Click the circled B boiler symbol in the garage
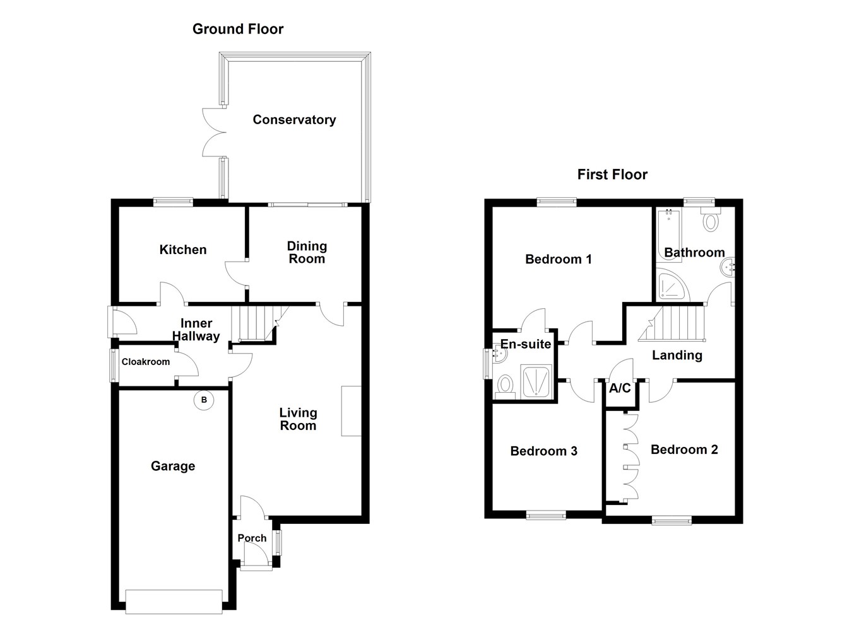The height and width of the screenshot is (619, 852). click(203, 400)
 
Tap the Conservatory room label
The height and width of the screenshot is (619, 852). click(294, 120)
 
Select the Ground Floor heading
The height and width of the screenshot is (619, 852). click(238, 29)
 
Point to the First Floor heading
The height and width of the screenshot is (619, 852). click(612, 175)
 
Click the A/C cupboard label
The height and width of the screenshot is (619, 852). click(620, 388)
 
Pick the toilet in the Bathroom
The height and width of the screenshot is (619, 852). click(711, 221)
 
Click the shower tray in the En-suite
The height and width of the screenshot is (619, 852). click(536, 381)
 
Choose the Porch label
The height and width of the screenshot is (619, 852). click(252, 538)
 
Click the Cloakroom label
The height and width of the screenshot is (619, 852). click(146, 362)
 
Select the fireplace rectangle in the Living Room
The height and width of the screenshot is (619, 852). click(351, 410)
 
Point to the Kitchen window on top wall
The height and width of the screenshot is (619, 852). click(173, 202)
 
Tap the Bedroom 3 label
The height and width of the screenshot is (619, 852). click(544, 451)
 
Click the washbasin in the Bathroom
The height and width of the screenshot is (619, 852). click(727, 268)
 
